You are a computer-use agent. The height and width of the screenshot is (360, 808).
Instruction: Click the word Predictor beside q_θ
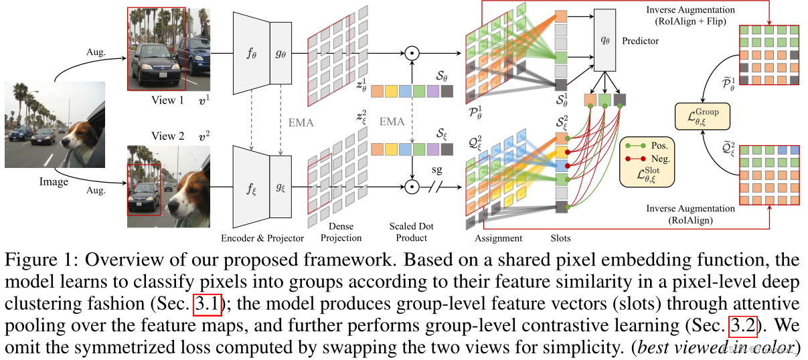coord(641,41)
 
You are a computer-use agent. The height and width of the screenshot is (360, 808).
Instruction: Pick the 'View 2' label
coord(168,136)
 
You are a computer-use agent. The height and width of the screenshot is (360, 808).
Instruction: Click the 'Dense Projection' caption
coord(341,233)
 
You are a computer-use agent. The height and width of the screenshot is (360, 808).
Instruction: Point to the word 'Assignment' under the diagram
coord(498,238)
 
